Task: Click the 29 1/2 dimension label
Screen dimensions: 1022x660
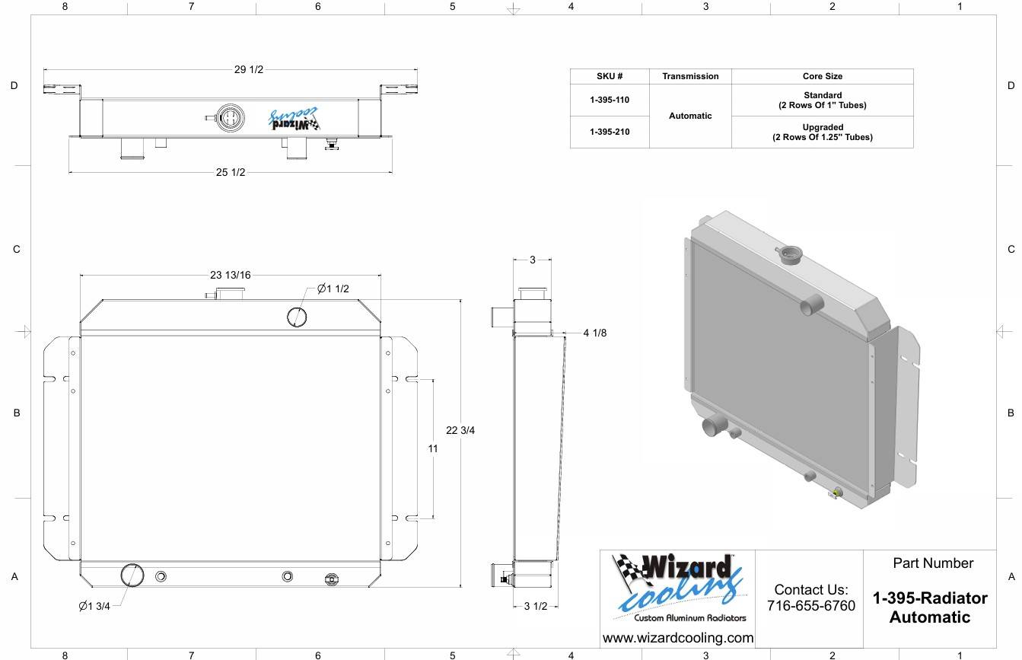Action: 249,69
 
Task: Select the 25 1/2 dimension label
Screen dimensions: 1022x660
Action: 231,172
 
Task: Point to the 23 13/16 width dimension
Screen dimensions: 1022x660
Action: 231,275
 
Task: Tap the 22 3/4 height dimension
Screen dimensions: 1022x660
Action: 460,430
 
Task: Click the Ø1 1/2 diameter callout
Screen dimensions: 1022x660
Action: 333,289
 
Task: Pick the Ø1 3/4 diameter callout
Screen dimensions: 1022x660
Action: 94,606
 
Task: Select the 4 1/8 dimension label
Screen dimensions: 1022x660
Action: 595,333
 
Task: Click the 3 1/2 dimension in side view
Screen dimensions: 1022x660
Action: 535,606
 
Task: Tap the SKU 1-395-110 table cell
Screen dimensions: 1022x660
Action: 610,100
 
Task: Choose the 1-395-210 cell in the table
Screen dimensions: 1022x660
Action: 610,132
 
